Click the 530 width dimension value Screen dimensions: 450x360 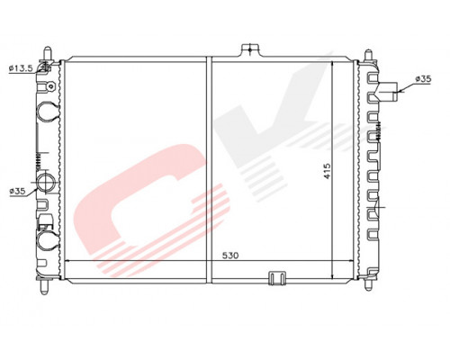pos(230,256)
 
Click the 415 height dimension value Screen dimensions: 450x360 pos(327,171)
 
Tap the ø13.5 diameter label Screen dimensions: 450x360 pos(21,68)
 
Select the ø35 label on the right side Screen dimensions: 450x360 pos(423,79)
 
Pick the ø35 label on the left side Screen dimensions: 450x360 pos(17,191)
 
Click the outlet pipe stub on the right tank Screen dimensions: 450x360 pos(388,91)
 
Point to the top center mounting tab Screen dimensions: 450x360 pos(250,50)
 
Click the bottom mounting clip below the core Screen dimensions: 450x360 pos(276,278)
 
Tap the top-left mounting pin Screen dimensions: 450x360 pos(48,54)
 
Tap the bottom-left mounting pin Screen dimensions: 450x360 pos(44,286)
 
